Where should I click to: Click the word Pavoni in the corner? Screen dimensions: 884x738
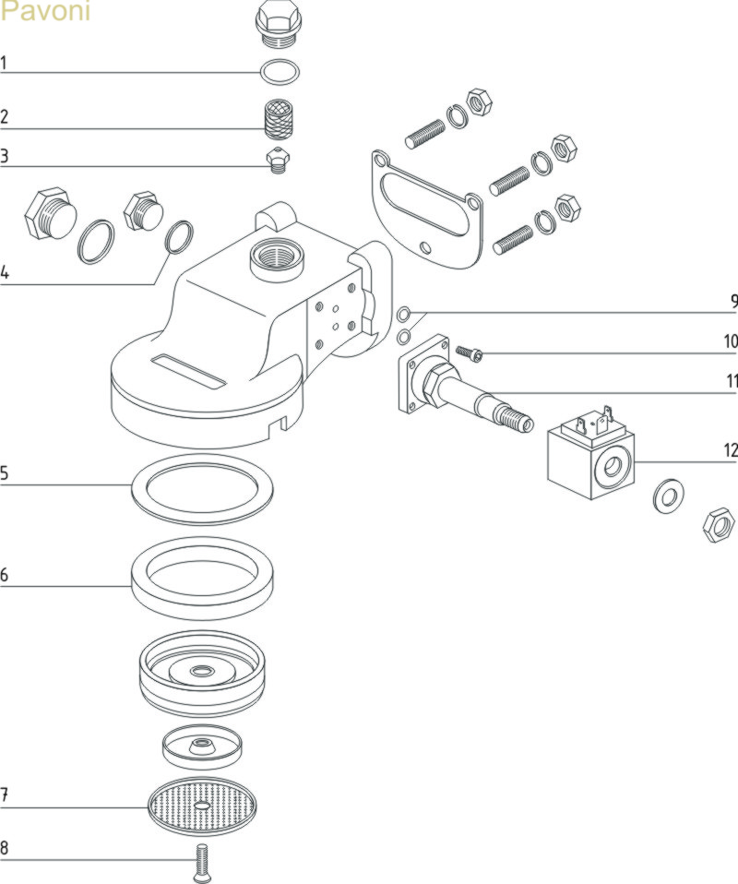[45, 14]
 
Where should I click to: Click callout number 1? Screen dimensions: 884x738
[5, 64]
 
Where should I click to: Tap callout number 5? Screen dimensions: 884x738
[5, 474]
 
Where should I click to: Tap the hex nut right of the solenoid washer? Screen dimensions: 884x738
[719, 526]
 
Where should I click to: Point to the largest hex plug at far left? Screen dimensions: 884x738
[49, 215]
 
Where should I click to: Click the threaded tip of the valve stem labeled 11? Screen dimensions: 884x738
[521, 421]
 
